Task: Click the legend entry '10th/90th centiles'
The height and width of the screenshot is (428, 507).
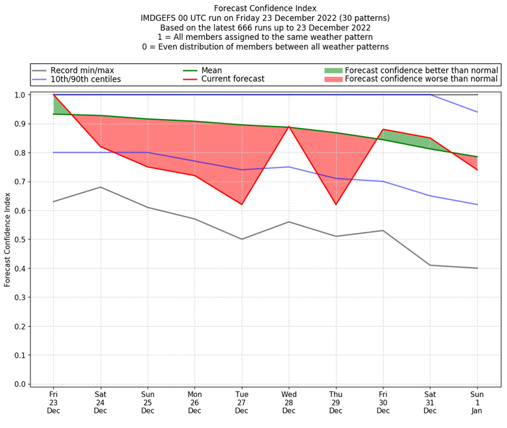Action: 86,79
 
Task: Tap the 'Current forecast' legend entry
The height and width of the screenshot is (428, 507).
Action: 233,79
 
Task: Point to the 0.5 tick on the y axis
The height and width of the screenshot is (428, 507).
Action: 23,239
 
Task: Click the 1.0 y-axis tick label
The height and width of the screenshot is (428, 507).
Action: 23,95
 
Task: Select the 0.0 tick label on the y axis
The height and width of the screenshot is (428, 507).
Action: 23,384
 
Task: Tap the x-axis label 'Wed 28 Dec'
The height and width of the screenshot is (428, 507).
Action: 289,402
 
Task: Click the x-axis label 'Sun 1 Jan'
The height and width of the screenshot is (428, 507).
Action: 478,402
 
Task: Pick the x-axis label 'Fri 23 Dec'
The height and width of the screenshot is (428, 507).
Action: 53,402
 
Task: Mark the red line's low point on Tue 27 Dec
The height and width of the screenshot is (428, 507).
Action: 241,205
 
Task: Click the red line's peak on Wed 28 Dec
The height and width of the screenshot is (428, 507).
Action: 289,127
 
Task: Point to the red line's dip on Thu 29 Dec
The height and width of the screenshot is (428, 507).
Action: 336,205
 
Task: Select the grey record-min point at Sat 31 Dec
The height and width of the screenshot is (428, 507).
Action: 430,265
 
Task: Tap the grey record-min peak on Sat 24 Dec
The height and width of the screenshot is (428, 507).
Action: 100,187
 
